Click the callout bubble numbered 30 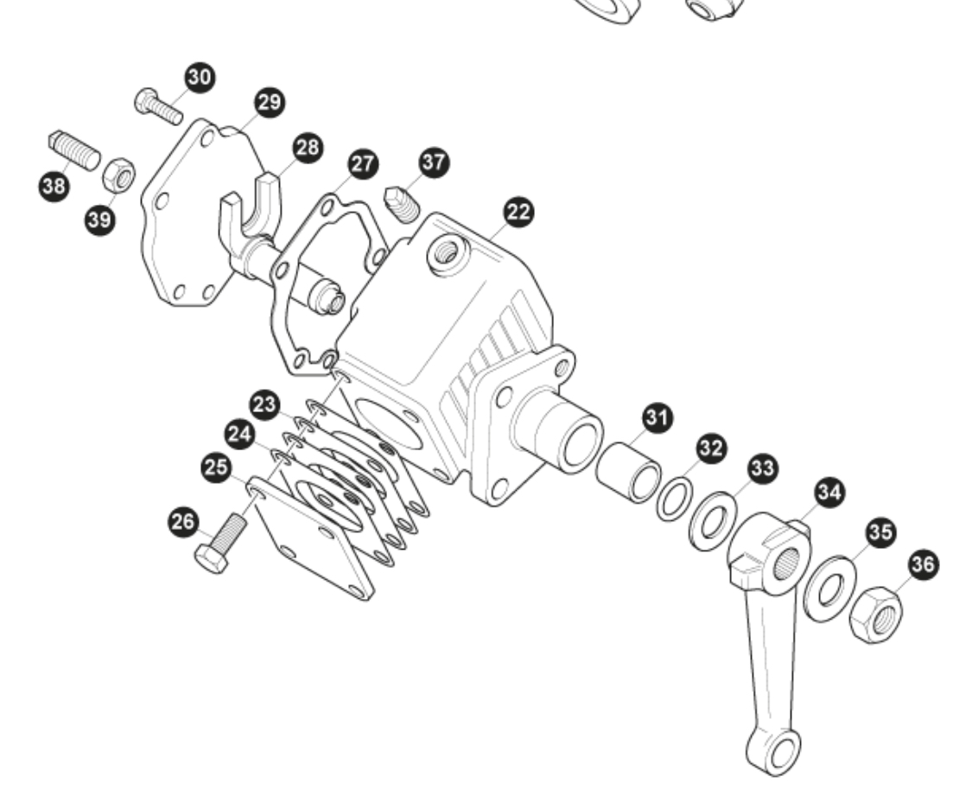click(199, 78)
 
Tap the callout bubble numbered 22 click(519, 212)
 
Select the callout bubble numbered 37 click(434, 162)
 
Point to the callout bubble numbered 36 click(924, 564)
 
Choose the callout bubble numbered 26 click(183, 522)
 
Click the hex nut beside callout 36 click(875, 614)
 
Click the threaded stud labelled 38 click(73, 150)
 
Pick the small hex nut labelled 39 click(119, 175)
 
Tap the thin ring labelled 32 click(675, 499)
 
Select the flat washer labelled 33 click(713, 520)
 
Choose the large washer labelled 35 click(830, 588)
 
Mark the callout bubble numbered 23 click(264, 405)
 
